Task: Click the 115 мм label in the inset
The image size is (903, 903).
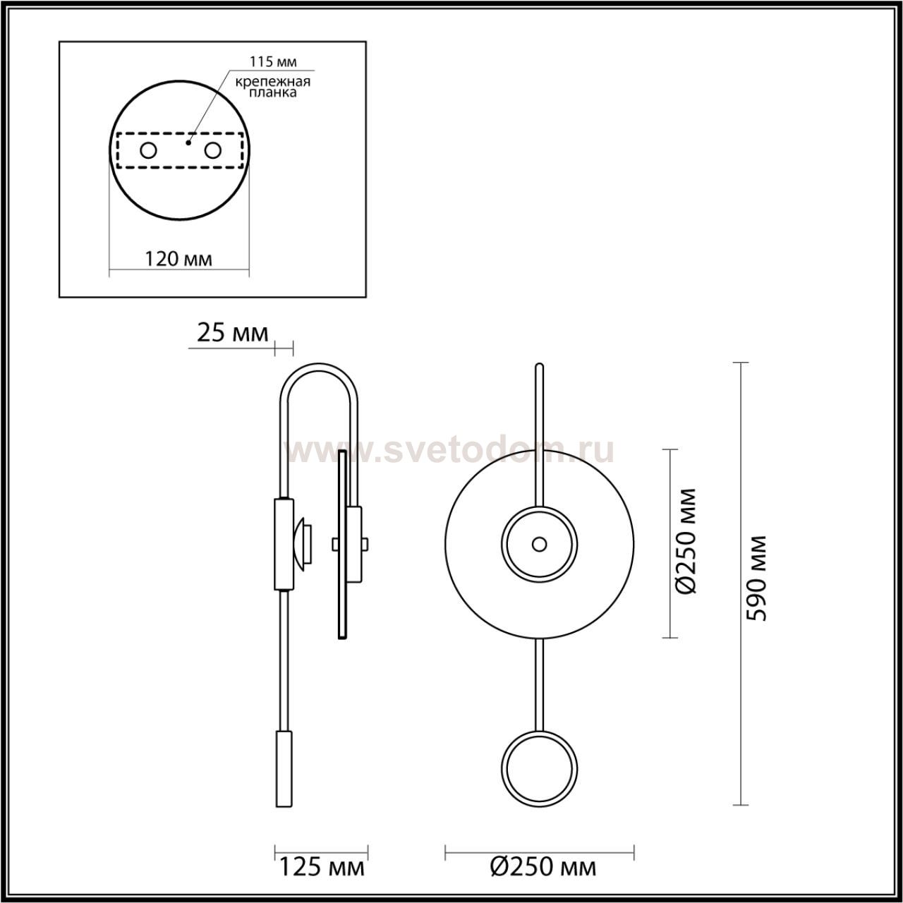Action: click(x=273, y=61)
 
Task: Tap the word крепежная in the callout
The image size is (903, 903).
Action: click(x=273, y=82)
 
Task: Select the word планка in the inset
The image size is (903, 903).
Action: click(x=273, y=93)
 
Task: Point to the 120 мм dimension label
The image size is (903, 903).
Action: click(x=178, y=258)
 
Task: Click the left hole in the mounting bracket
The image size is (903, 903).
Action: click(x=149, y=151)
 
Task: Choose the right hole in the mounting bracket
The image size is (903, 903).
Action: click(x=212, y=151)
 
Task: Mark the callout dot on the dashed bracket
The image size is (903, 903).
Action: click(x=188, y=142)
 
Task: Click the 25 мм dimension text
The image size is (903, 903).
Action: click(x=232, y=333)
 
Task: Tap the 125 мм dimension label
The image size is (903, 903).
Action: click(x=322, y=867)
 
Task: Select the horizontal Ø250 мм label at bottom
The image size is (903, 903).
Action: click(x=544, y=867)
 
